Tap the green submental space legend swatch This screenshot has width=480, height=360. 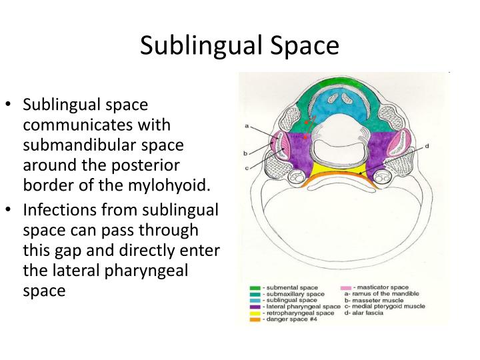click(255, 288)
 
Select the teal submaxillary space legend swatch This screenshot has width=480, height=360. click(255, 294)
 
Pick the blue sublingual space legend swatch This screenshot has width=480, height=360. click(255, 301)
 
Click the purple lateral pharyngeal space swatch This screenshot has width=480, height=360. click(255, 307)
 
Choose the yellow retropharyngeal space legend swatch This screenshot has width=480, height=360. click(255, 313)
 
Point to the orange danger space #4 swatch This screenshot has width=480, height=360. click(255, 319)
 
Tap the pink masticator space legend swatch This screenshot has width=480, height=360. click(346, 288)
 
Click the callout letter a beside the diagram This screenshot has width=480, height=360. click(247, 126)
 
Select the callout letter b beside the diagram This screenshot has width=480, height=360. click(245, 153)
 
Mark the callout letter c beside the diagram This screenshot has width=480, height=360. click(247, 168)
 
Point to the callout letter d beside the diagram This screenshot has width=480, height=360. click(427, 146)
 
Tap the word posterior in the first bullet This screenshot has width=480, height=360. click(145, 166)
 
